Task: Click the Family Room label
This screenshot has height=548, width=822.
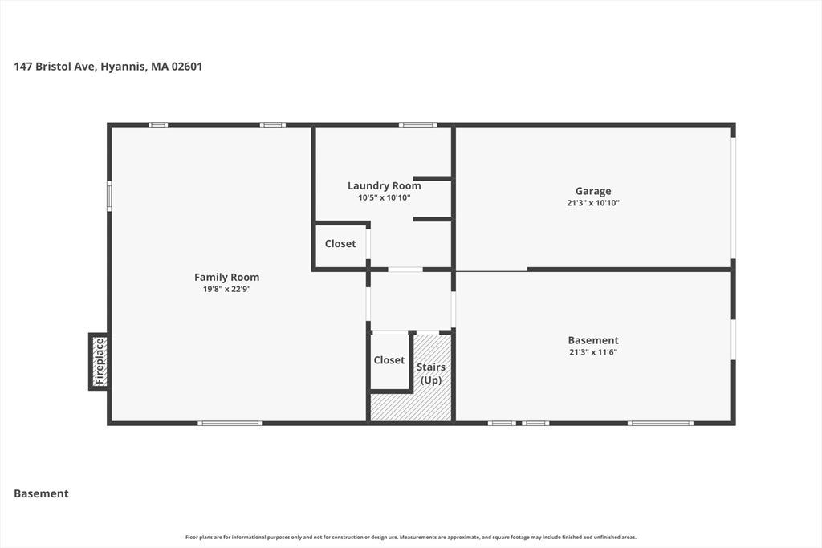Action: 226,277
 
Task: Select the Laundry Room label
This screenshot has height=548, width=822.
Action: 385,185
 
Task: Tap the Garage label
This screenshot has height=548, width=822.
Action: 593,191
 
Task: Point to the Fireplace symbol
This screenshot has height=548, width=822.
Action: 100,362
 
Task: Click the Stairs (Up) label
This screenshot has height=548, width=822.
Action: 431,374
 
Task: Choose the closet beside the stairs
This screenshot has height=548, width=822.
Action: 389,360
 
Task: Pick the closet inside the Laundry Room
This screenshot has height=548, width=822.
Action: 340,244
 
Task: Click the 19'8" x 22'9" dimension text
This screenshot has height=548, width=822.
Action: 226,289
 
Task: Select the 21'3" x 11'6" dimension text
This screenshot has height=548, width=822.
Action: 593,352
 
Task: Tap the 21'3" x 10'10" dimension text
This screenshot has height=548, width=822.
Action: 593,203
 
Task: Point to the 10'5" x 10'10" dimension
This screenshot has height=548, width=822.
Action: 385,197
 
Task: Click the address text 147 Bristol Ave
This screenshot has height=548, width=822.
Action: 55,67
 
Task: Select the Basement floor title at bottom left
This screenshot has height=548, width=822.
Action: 42,493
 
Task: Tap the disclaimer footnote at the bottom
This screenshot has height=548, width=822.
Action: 411,537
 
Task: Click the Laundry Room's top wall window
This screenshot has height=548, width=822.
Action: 417,124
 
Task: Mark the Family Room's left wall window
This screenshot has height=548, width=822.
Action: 109,196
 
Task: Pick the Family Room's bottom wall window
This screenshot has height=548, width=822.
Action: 230,424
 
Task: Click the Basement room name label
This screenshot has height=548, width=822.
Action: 593,340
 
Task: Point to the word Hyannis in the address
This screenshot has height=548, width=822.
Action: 123,67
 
